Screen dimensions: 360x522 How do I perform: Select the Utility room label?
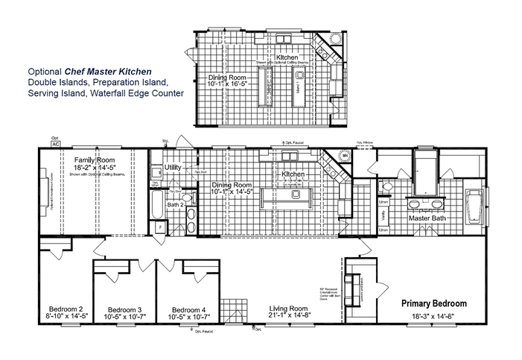(x=174, y=168)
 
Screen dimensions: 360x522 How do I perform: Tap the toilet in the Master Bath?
(x=387, y=187)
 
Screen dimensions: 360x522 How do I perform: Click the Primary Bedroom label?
(x=434, y=303)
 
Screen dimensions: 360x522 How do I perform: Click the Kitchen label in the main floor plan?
(x=293, y=174)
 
